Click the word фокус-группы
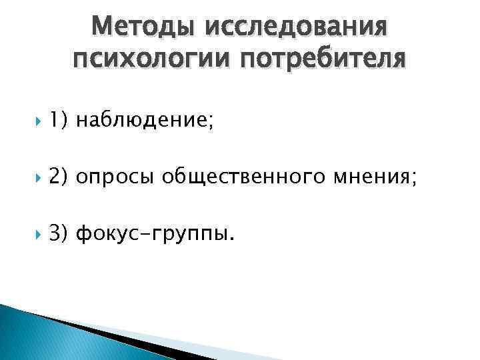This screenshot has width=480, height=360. click(x=152, y=234)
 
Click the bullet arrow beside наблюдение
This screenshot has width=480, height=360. click(x=27, y=121)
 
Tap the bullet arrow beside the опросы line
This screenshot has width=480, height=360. click(x=27, y=177)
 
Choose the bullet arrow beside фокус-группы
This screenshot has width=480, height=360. click(x=27, y=235)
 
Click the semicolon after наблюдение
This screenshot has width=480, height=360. click(x=211, y=122)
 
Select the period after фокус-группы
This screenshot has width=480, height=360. click(x=231, y=239)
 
